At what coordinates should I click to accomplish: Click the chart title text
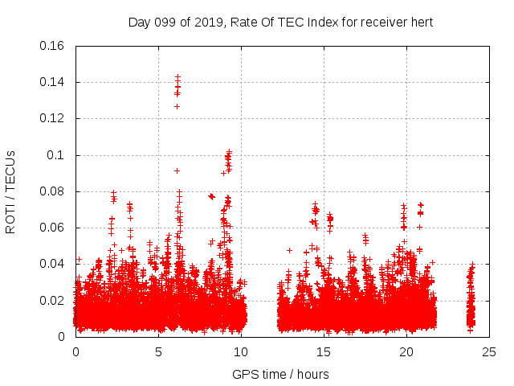click(x=280, y=23)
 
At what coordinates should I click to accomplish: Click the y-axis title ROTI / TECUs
click(x=11, y=191)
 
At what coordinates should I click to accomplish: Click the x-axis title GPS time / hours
click(x=280, y=374)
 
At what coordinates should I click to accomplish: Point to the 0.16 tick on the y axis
click(x=52, y=46)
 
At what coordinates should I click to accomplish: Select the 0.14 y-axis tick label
click(x=52, y=82)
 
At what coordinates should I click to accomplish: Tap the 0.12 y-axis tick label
click(x=52, y=118)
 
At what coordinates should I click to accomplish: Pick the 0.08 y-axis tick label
click(x=52, y=191)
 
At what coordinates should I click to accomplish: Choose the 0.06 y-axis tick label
click(x=52, y=228)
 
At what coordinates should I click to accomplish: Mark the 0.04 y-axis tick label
click(x=52, y=264)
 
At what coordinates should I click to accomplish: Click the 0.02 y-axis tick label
click(x=52, y=301)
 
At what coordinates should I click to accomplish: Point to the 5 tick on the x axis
click(x=158, y=351)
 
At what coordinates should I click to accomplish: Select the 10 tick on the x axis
click(x=241, y=351)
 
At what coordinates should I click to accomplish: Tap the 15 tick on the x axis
click(x=324, y=351)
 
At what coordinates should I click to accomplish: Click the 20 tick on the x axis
click(x=406, y=351)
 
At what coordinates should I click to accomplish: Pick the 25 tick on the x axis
click(x=488, y=351)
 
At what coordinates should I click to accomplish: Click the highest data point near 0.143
click(x=177, y=76)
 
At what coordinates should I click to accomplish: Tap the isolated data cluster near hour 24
click(x=471, y=298)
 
